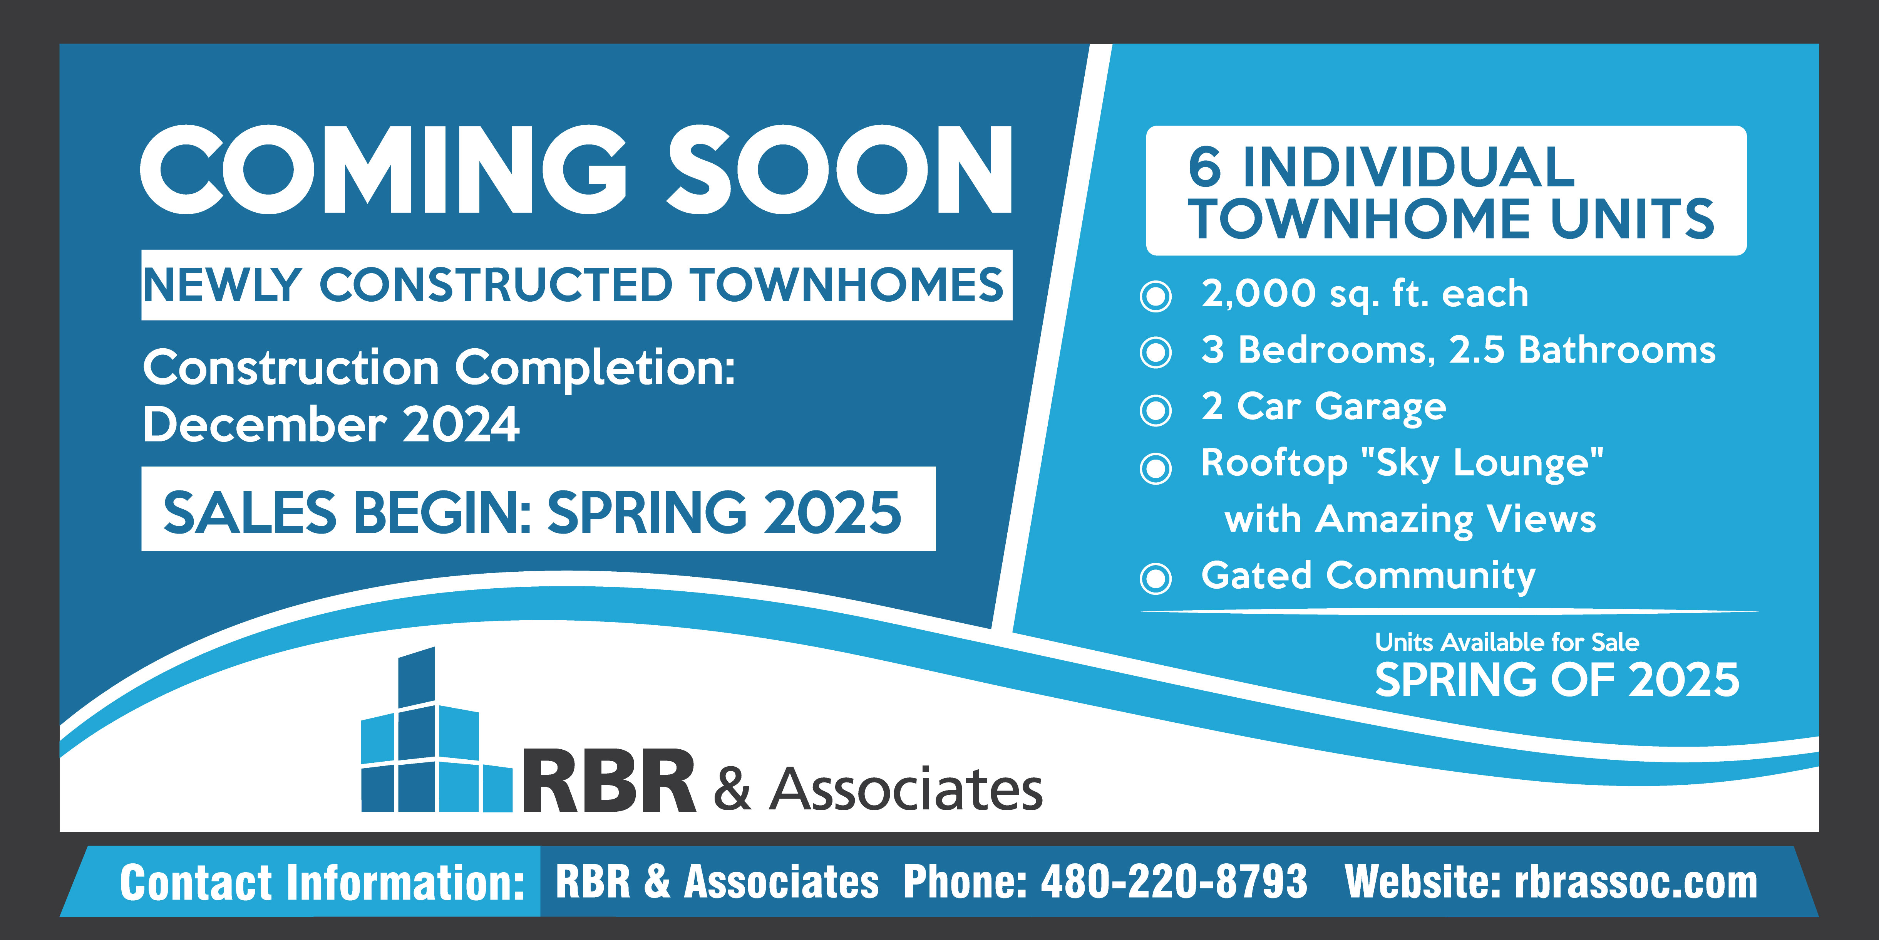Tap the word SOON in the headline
[839, 170]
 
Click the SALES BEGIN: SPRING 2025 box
[538, 509]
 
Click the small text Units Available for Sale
[1507, 642]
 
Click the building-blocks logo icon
[436, 730]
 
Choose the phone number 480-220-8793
[1174, 881]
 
